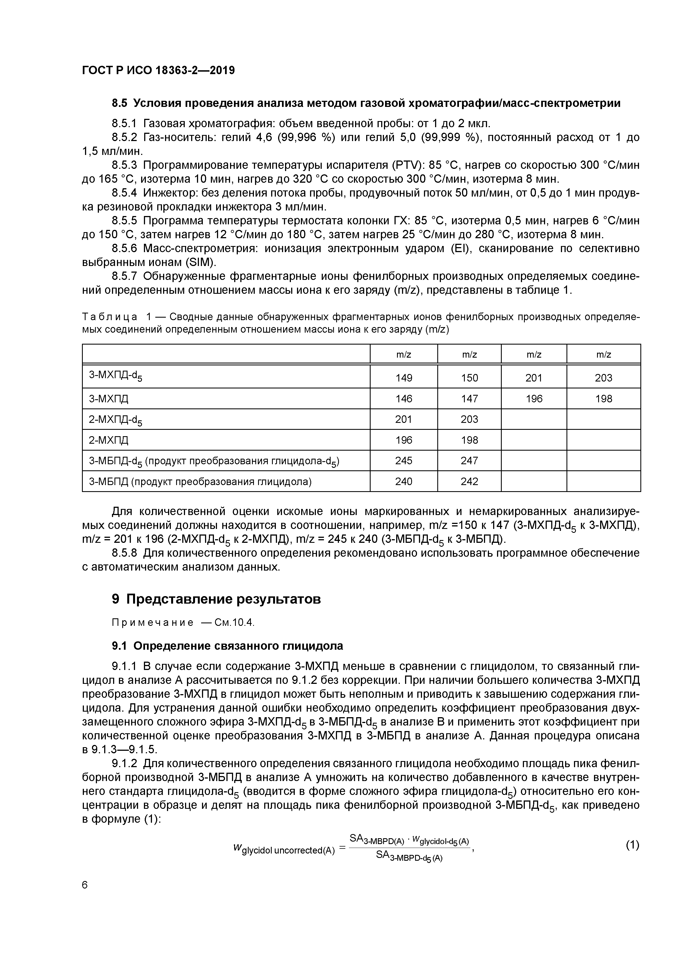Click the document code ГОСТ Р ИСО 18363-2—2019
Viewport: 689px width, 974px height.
(158, 70)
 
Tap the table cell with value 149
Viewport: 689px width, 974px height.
(403, 378)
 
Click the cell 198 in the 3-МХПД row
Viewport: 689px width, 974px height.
(603, 399)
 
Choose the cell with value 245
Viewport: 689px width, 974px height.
(403, 461)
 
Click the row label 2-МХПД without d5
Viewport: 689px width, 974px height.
(108, 440)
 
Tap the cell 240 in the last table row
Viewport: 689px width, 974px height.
(403, 481)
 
